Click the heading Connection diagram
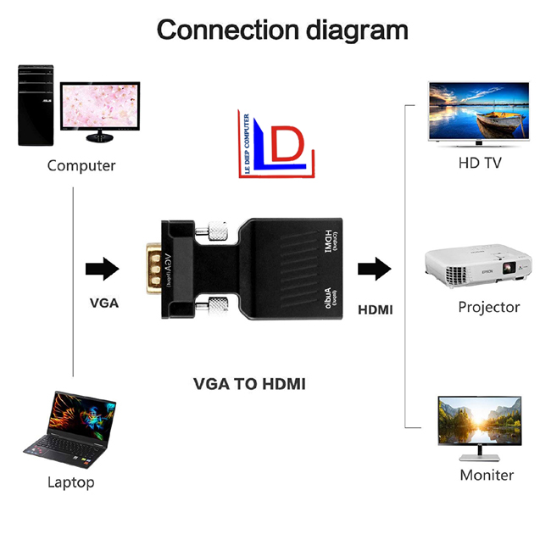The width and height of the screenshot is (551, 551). coord(282,30)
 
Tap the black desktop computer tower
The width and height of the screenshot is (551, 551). coord(35,104)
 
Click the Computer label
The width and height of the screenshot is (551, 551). coord(81,165)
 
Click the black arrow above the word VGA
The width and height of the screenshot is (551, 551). coord(102,270)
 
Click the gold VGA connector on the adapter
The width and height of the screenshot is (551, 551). coord(153,269)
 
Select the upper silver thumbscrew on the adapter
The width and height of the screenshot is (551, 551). coord(218,229)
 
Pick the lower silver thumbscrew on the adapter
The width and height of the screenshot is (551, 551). coord(218,305)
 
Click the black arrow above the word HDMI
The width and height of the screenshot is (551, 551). coord(374,270)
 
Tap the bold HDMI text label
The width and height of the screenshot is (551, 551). coord(376,309)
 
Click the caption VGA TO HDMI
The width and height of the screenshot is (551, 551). coord(250,384)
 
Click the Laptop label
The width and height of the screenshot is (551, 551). coord(71,482)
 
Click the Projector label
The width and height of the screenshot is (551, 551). coord(489,307)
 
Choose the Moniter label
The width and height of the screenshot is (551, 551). coord(487,475)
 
